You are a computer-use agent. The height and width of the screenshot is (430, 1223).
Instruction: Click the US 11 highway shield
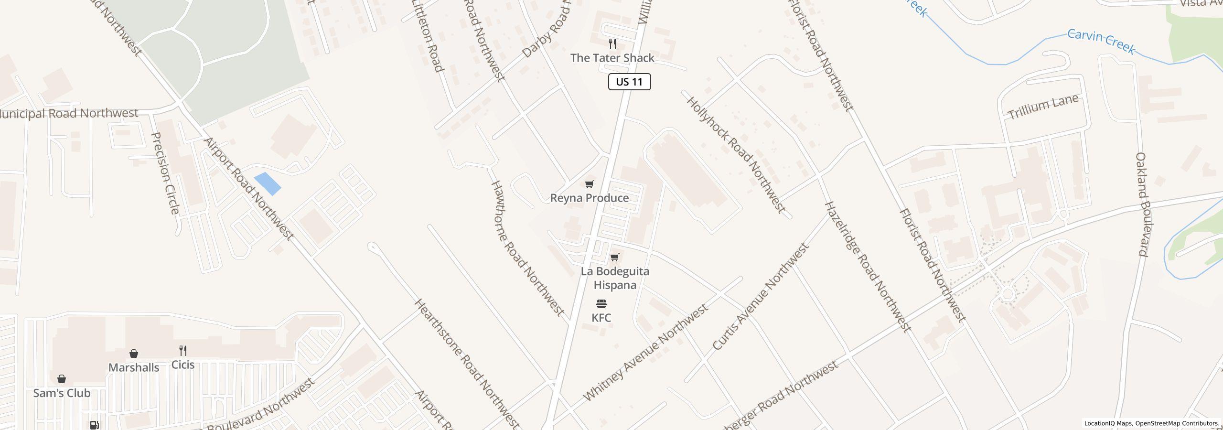[629, 82]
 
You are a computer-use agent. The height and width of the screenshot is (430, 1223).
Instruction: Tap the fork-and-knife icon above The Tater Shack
[612, 44]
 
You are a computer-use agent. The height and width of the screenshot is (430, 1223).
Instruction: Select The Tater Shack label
[612, 58]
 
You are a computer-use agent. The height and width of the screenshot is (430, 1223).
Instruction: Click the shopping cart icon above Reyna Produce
[590, 184]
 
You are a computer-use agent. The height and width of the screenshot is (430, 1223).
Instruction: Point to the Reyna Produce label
[589, 198]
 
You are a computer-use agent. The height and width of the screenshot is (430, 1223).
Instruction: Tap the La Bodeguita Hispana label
[615, 278]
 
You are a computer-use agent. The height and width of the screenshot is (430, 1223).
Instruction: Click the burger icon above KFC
[601, 304]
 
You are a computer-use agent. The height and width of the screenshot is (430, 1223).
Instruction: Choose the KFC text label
[601, 318]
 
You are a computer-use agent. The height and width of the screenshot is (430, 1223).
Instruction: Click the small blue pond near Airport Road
[268, 184]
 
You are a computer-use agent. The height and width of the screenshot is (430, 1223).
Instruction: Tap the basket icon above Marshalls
[134, 354]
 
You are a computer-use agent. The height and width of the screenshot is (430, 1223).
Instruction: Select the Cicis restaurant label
[182, 365]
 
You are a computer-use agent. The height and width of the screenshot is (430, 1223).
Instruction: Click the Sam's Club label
[62, 393]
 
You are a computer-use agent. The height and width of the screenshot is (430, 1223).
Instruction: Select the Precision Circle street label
[165, 173]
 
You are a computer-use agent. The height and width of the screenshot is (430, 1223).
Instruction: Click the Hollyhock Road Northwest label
[736, 154]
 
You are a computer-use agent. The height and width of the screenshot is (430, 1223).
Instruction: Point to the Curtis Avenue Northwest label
[760, 297]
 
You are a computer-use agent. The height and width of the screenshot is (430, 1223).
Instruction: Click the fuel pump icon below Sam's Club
[94, 425]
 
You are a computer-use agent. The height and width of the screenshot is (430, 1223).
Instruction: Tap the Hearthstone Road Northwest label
[466, 363]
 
